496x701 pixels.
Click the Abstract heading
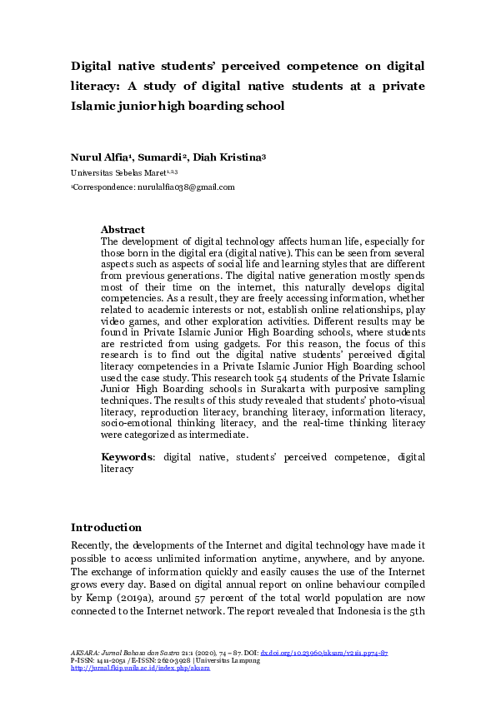[x=123, y=230]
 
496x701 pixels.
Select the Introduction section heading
[x=106, y=527]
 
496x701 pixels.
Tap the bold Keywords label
[x=128, y=457]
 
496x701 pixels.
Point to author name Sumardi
[x=163, y=157]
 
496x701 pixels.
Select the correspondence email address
[x=184, y=187]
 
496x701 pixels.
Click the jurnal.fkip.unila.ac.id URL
[x=140, y=668]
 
